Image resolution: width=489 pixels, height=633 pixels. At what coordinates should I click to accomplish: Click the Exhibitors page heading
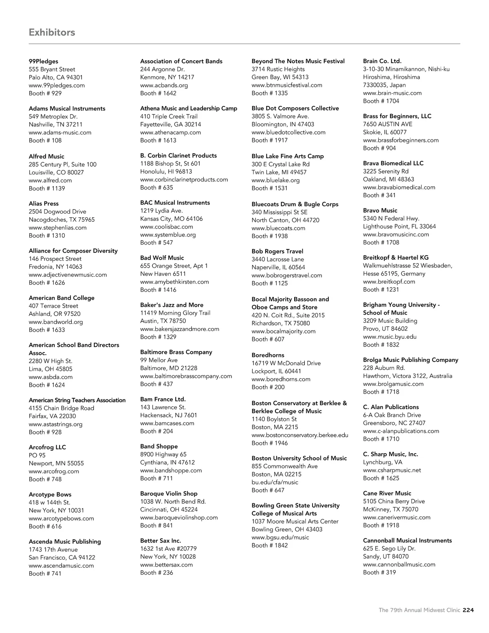[x=52, y=32]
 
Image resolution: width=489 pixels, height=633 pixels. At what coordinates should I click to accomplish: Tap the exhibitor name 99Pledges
[x=44, y=62]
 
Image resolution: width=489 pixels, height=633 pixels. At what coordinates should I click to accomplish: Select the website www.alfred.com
[x=50, y=180]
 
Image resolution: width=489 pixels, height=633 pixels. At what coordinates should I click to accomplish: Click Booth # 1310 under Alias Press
[x=47, y=236]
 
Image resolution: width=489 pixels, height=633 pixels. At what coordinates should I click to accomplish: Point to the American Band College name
[x=62, y=298]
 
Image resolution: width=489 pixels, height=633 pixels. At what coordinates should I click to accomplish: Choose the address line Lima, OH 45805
[x=51, y=369]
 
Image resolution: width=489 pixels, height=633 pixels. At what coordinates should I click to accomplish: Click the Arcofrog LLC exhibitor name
[x=47, y=447]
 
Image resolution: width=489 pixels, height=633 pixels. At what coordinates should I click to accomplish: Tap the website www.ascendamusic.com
[x=61, y=565]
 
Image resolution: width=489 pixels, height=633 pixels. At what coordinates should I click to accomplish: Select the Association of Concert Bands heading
[x=181, y=61]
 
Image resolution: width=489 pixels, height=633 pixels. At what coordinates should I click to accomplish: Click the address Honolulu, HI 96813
[x=166, y=172]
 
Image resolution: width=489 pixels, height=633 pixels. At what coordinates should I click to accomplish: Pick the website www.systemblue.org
[x=168, y=235]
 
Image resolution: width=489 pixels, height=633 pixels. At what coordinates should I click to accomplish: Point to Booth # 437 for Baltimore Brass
[x=156, y=384]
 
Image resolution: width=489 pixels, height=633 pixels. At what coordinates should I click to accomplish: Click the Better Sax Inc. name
[x=161, y=541]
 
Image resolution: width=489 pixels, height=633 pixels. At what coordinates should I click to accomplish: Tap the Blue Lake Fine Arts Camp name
[x=288, y=156]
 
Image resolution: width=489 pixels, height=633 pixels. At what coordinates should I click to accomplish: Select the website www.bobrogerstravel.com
[x=287, y=275]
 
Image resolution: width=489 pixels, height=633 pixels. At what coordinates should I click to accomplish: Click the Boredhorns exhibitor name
[x=268, y=355]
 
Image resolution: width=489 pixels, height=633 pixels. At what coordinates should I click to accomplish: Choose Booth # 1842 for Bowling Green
[x=270, y=545]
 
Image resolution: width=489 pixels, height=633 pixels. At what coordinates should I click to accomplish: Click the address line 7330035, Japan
[x=384, y=85]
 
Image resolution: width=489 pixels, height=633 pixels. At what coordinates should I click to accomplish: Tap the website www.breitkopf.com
[x=389, y=282]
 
